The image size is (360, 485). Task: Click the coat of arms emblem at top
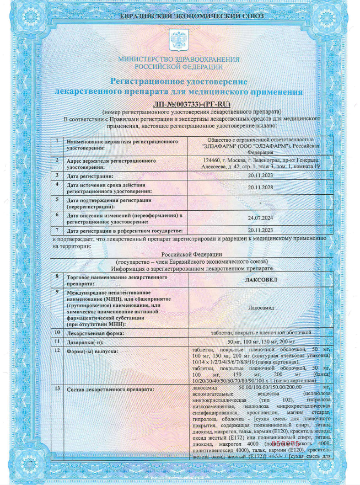[x=180, y=39]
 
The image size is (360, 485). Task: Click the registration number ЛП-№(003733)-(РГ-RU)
[x=179, y=104]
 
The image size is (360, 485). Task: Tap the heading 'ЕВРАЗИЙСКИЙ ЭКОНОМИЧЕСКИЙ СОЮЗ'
[x=180, y=15]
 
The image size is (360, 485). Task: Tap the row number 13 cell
[x=57, y=390]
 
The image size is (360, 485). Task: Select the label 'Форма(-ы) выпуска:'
[x=92, y=351]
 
